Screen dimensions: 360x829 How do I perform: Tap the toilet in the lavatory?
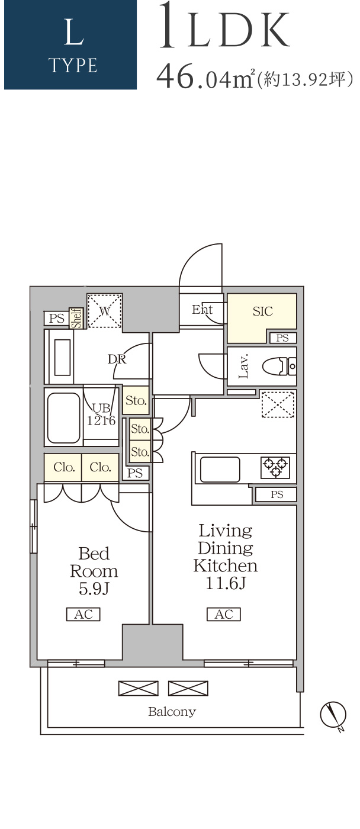pyautogui.click(x=279, y=366)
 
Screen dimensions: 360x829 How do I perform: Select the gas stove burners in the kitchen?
pyautogui.click(x=275, y=467)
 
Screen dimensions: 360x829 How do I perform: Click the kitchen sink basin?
pyautogui.click(x=220, y=469)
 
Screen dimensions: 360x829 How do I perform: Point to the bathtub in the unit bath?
pyautogui.click(x=63, y=417)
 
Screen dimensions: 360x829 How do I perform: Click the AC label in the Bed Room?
pyautogui.click(x=83, y=615)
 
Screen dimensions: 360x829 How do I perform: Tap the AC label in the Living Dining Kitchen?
pyautogui.click(x=223, y=615)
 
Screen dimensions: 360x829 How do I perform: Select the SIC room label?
pyautogui.click(x=263, y=311)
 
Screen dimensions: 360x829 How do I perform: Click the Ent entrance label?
pyautogui.click(x=202, y=309)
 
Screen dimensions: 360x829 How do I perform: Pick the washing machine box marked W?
pyautogui.click(x=104, y=311)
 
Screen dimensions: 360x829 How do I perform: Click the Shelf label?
pyautogui.click(x=76, y=319)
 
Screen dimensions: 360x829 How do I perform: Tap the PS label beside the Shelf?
pyautogui.click(x=57, y=319)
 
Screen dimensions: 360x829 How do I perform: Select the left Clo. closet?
pyautogui.click(x=63, y=467)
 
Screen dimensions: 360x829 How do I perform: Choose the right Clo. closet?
pyautogui.click(x=100, y=467)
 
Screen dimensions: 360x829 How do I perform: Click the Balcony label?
pyautogui.click(x=172, y=712)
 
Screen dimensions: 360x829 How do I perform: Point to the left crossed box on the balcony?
pyautogui.click(x=139, y=688)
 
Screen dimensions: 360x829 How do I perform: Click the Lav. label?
pyautogui.click(x=243, y=366)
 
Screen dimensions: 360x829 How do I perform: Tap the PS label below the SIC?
pyautogui.click(x=282, y=338)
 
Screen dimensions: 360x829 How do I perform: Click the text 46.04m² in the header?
pyautogui.click(x=205, y=76)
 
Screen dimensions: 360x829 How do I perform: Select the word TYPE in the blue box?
pyautogui.click(x=73, y=66)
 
